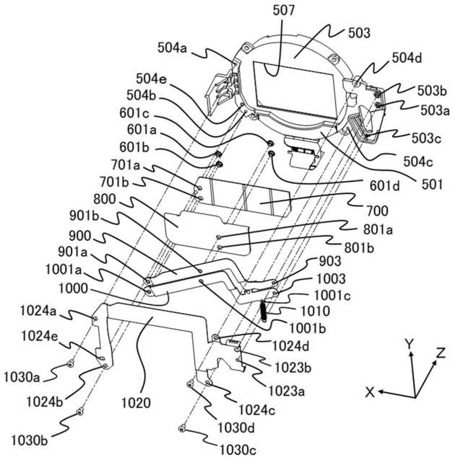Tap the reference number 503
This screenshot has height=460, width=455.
(358, 32)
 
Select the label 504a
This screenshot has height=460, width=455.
(172, 48)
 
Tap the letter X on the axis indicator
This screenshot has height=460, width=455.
(370, 392)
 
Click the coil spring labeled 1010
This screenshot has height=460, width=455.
(265, 311)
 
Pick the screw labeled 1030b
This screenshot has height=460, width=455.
(79, 413)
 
